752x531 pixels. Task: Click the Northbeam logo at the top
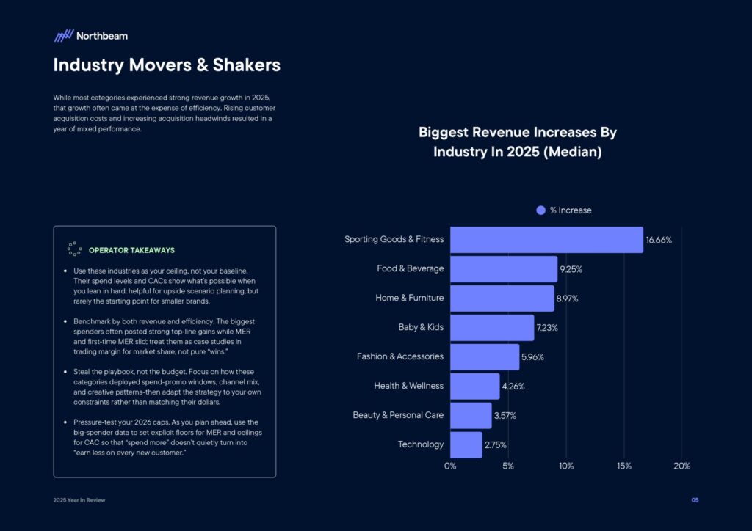(90, 35)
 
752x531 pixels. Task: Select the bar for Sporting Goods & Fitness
(546, 240)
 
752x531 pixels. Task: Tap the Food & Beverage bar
(504, 269)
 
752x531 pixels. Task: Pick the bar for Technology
(466, 444)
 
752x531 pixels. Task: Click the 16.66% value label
(659, 240)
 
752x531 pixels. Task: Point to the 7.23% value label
(547, 328)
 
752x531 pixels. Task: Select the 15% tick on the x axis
(623, 466)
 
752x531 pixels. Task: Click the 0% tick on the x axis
(450, 466)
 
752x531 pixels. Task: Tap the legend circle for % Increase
(541, 210)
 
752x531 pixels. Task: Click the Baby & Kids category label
(421, 327)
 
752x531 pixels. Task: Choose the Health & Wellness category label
(408, 386)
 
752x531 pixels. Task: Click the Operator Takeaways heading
(131, 250)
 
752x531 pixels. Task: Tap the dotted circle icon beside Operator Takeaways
(74, 249)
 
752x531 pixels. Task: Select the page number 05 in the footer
(695, 500)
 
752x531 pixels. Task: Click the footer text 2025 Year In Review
(79, 500)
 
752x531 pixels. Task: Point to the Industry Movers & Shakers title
(167, 65)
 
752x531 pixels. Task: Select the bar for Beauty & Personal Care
(471, 415)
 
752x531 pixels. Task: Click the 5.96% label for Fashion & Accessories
(532, 357)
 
